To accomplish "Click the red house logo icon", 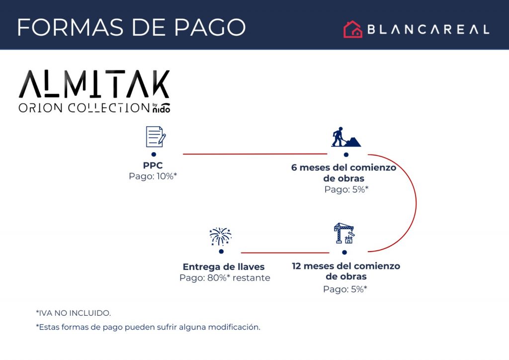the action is click(x=353, y=29).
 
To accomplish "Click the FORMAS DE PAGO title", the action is click(x=131, y=27).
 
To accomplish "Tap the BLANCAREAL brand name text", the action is click(x=428, y=29).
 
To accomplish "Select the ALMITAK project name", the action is click(x=94, y=84).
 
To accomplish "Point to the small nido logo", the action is click(x=162, y=108).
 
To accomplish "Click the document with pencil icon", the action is click(x=156, y=137).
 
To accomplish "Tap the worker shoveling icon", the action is click(x=346, y=137).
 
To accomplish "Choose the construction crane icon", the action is click(x=344, y=233).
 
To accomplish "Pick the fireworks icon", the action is click(x=220, y=236).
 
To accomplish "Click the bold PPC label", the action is click(x=153, y=165).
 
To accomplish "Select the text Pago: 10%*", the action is click(x=153, y=176).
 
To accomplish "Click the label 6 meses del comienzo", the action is click(x=344, y=168).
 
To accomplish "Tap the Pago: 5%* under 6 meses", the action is click(x=346, y=189).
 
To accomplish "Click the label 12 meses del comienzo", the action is click(x=346, y=266).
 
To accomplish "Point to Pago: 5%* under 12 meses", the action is click(x=345, y=289).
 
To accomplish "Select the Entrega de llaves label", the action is click(x=224, y=267).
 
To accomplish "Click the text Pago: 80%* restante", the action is click(x=225, y=278).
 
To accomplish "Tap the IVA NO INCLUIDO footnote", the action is click(x=74, y=313).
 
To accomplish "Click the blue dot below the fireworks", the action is click(x=221, y=252).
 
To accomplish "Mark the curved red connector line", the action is click(x=416, y=203).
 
